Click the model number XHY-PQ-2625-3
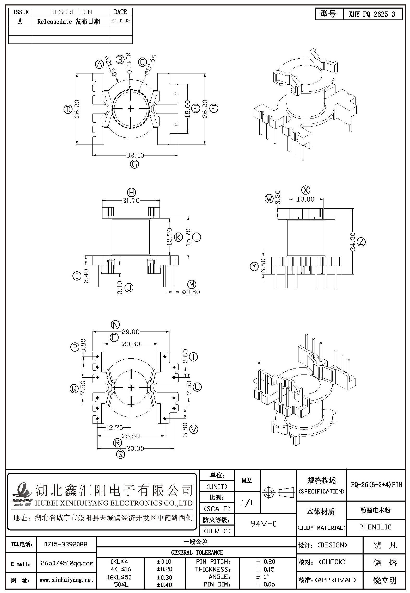pyautogui.click(x=372, y=14)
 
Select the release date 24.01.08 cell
pyautogui.click(x=120, y=21)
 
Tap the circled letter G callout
pyautogui.click(x=135, y=164)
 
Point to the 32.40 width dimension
pyautogui.click(x=135, y=155)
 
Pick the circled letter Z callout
pyautogui.click(x=361, y=242)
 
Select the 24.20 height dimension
pyautogui.click(x=353, y=242)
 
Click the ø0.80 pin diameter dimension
pyautogui.click(x=191, y=292)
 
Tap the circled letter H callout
pyautogui.click(x=131, y=192)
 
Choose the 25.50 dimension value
pyautogui.click(x=131, y=436)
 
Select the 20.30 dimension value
pyautogui.click(x=131, y=344)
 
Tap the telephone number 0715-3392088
pyautogui.click(x=66, y=544)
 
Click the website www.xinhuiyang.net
pyautogui.click(x=66, y=580)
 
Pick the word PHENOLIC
pyautogui.click(x=375, y=527)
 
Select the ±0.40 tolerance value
pyautogui.click(x=165, y=585)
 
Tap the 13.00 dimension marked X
pyautogui.click(x=306, y=199)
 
